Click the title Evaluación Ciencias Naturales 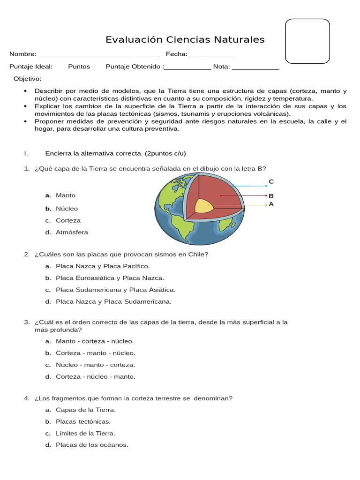[185, 40]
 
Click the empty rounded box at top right [307, 41]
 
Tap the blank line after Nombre [99, 54]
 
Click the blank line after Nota [255, 67]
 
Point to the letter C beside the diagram [271, 182]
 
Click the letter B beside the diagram [271, 196]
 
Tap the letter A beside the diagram [271, 204]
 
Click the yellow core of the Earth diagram [203, 206]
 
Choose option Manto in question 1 [65, 195]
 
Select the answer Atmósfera [71, 232]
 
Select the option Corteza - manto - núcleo [95, 353]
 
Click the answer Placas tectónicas [83, 422]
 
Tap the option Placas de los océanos [91, 445]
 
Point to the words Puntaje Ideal [31, 67]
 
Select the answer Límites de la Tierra [85, 434]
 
